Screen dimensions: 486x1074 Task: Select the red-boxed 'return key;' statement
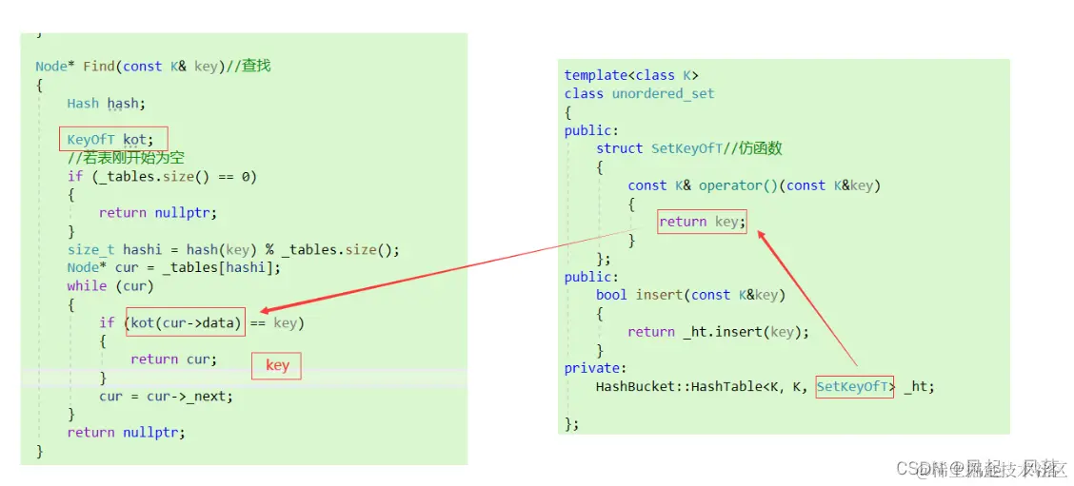[702, 222]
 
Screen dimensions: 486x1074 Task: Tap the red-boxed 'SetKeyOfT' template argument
[854, 386]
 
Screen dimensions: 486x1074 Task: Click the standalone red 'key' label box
[277, 366]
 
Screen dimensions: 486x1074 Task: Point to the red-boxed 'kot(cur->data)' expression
[185, 322]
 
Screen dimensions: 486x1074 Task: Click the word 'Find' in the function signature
[98, 66]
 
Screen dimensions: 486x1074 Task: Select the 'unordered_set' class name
[663, 93]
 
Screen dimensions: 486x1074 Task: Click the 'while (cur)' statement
[109, 285]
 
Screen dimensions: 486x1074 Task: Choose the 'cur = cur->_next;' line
[166, 396]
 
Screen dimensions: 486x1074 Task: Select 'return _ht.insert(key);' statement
[718, 332]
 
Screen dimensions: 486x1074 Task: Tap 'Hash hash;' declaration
[106, 103]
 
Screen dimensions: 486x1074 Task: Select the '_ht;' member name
[919, 386]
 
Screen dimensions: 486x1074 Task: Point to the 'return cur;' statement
[173, 359]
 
